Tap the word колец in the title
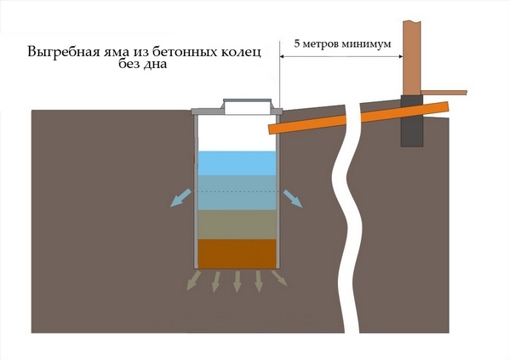coord(241,52)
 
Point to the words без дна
coord(142,63)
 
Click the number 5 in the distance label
coord(297,43)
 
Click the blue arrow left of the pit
coord(180,198)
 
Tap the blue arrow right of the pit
coord(293,198)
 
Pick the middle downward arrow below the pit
coord(237,282)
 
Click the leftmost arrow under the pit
coord(194,280)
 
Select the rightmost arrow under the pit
coord(279,277)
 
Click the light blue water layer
coord(237,163)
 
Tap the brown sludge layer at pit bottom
coord(237,254)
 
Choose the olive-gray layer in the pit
coord(237,225)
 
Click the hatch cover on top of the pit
coord(247,106)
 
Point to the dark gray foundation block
coord(412,121)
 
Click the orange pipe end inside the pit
coord(272,129)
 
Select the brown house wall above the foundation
coord(412,58)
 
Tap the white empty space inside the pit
coord(237,133)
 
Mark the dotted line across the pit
coord(237,191)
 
